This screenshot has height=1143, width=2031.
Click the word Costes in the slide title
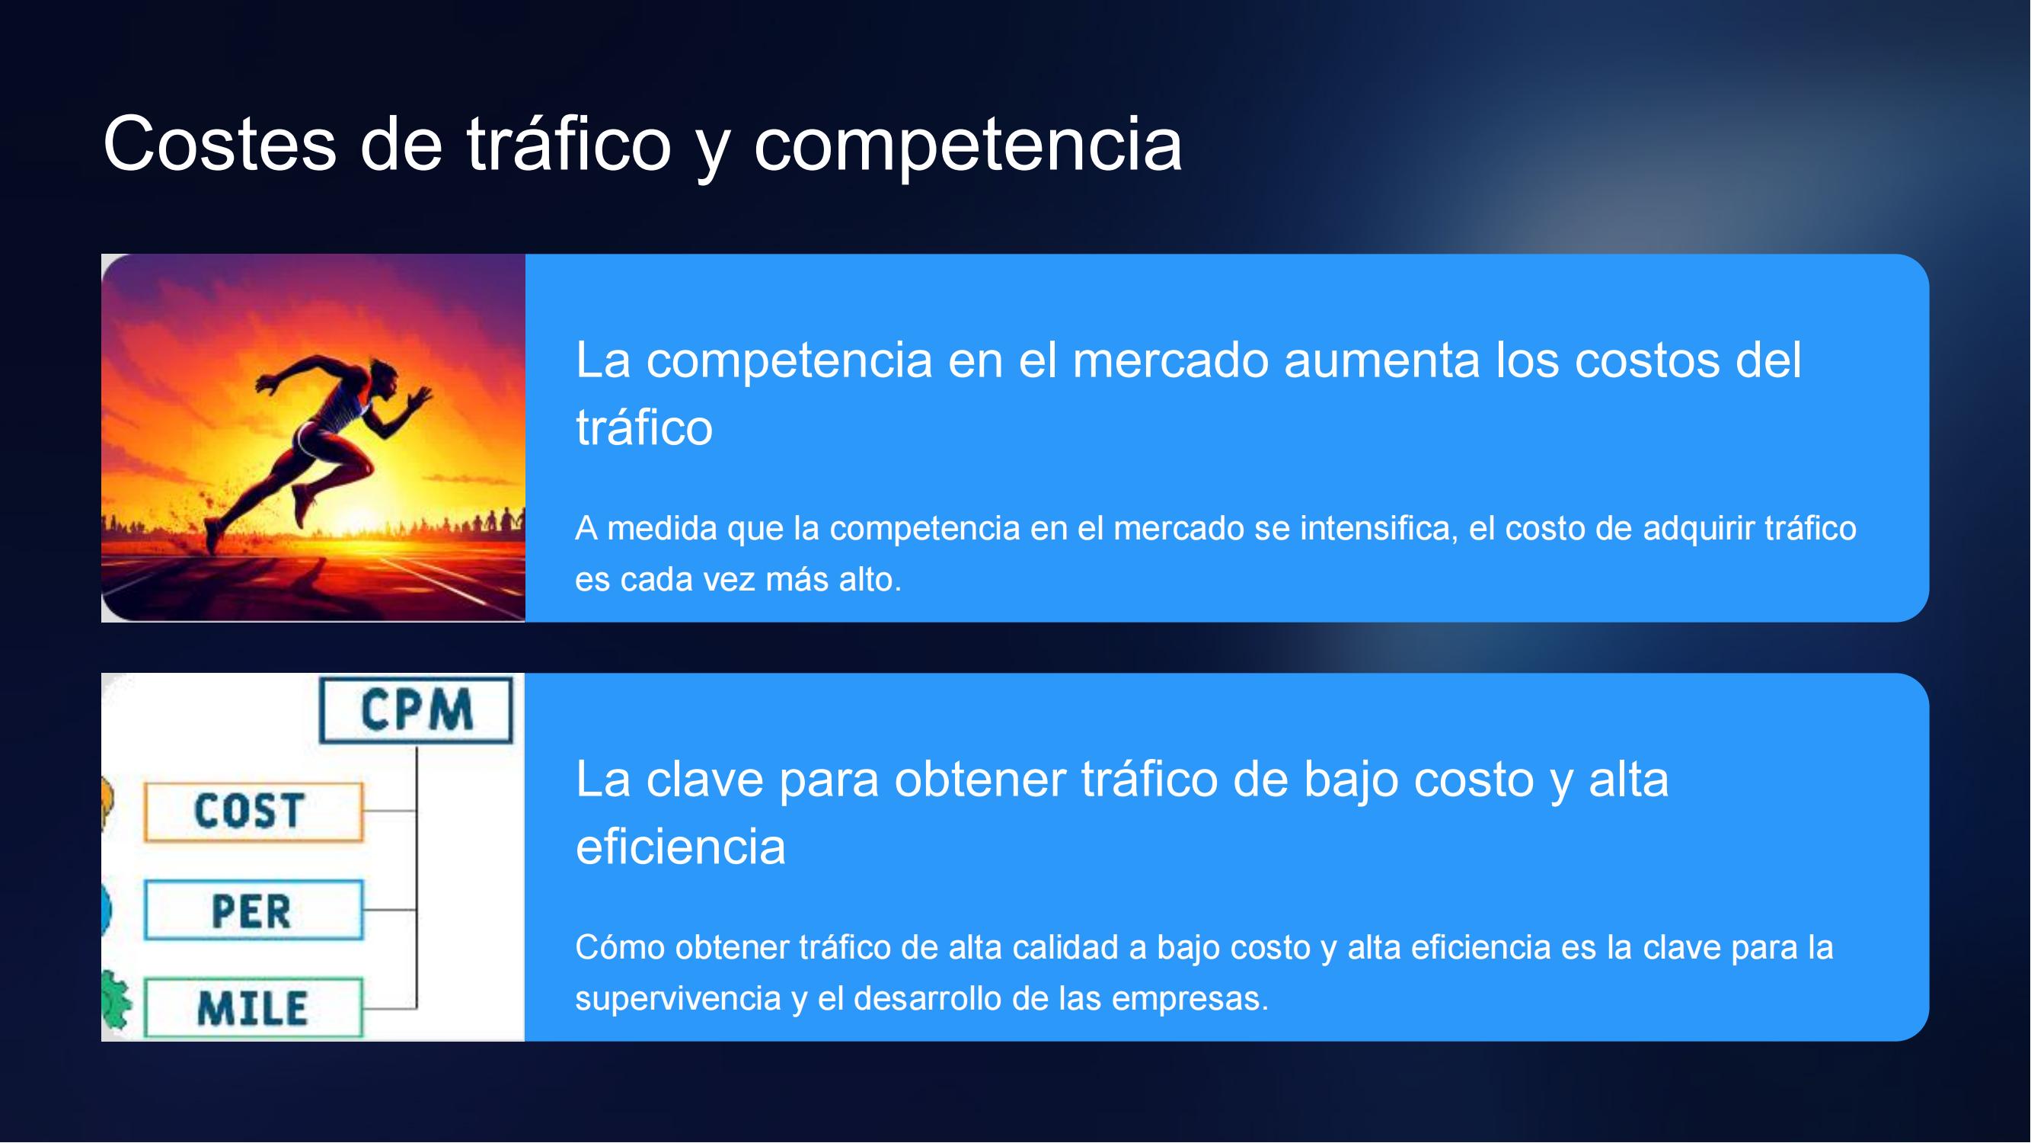click(x=220, y=143)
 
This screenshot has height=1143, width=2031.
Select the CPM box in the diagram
click(x=417, y=710)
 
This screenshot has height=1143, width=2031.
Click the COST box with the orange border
click(x=254, y=812)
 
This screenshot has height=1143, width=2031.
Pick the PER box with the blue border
click(x=254, y=911)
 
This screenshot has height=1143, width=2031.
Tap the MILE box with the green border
click(x=254, y=1008)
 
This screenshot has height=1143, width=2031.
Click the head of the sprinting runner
click(x=384, y=375)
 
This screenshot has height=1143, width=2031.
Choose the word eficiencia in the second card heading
click(x=680, y=847)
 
